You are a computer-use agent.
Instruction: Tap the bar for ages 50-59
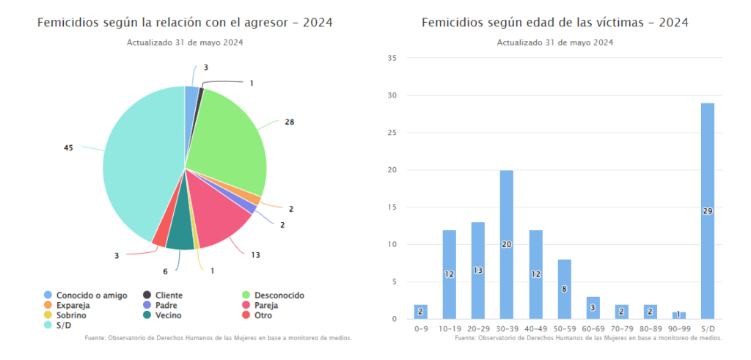point(564,289)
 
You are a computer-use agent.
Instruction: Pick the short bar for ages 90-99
point(678,315)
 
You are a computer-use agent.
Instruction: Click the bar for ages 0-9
point(420,312)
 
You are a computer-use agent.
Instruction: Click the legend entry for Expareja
point(72,305)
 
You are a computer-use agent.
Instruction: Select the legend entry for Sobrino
point(70,315)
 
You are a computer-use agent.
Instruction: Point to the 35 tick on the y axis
point(392,58)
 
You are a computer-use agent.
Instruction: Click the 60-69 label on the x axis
point(593,330)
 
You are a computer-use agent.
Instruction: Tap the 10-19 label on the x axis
point(450,330)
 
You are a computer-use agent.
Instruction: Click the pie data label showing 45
point(69,147)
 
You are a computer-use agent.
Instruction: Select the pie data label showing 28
point(290,122)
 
